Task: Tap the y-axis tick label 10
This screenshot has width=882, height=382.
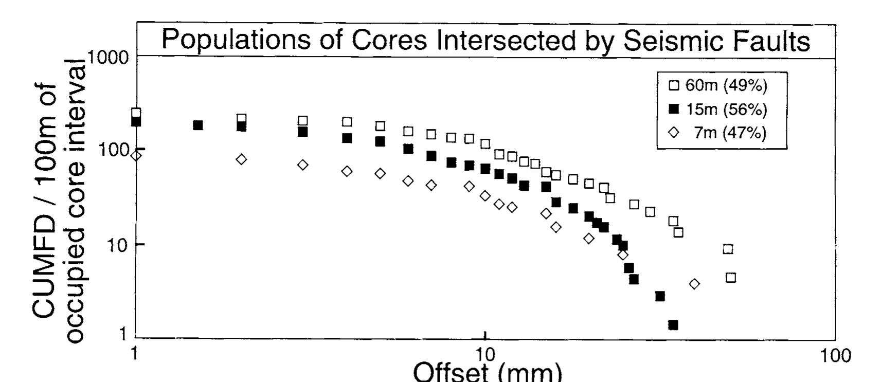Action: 118,245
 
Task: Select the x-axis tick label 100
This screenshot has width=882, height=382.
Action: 835,355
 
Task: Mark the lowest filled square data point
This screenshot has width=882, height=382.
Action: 673,325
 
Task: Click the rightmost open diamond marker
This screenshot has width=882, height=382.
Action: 694,284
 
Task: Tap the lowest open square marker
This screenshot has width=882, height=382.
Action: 731,278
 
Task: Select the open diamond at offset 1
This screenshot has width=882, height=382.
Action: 136,155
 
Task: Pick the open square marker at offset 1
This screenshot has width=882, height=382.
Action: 136,113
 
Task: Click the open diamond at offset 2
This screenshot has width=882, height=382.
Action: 241,159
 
